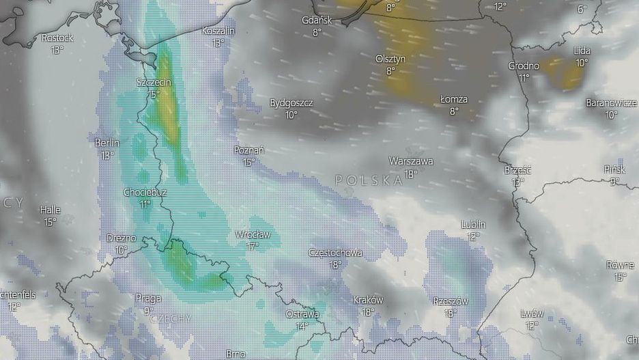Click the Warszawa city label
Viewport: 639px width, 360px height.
point(410,161)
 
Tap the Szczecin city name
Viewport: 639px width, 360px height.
point(154,83)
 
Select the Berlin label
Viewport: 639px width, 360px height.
point(106,143)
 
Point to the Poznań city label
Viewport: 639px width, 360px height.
point(248,150)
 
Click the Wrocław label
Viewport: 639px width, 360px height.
point(253,234)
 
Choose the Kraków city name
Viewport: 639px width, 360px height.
point(368,300)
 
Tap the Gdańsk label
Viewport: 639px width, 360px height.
point(317,20)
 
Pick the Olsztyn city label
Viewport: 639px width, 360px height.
point(390,59)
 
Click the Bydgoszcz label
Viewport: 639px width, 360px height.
point(291,103)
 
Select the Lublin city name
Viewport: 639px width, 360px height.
point(473,225)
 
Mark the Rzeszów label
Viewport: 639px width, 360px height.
point(450,301)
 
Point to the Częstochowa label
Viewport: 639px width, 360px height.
point(335,253)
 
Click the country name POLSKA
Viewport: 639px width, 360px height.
point(369,181)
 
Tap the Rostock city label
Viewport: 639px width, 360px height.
point(57,38)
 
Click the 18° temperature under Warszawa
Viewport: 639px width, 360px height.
point(410,174)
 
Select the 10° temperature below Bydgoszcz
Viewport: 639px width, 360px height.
point(291,115)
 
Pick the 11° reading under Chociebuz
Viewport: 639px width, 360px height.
point(145,204)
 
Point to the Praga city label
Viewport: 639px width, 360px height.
point(148,299)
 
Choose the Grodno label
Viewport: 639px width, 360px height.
point(524,66)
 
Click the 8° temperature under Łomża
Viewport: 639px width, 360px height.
point(454,111)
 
